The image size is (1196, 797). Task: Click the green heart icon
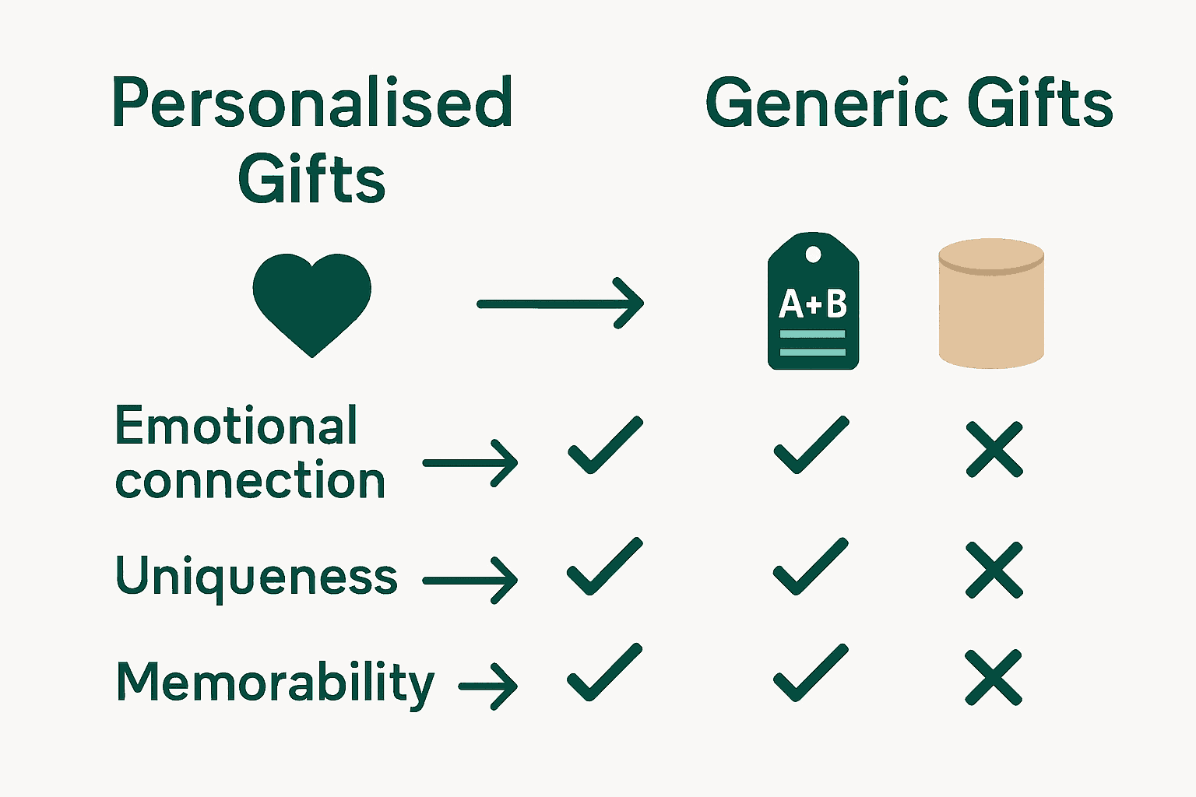tap(311, 300)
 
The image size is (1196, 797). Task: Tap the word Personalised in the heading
tap(312, 103)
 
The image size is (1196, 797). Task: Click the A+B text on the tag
tap(813, 304)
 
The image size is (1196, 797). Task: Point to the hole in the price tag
tap(813, 254)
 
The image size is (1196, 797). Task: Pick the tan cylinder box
tap(990, 304)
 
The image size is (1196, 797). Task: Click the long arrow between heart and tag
tap(561, 304)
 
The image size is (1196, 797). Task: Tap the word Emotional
tap(236, 427)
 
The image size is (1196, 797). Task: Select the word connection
tap(250, 481)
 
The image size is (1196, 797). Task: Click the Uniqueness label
tap(256, 577)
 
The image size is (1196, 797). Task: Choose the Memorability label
tap(275, 683)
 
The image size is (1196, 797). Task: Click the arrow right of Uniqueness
tap(470, 581)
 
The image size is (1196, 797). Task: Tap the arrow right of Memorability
tap(488, 686)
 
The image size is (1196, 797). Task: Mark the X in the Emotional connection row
tap(994, 449)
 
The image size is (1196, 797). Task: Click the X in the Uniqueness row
tap(994, 571)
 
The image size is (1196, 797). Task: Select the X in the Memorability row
tap(994, 677)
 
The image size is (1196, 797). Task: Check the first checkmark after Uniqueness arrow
tap(604, 567)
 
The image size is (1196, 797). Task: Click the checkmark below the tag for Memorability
tap(810, 674)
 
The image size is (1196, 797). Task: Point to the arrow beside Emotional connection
tap(470, 463)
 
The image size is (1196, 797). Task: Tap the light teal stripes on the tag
tap(813, 343)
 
